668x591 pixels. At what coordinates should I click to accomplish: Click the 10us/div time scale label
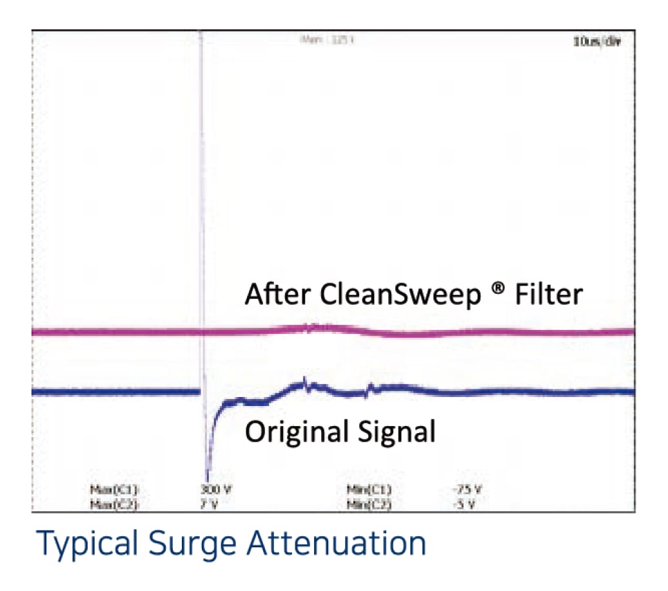click(596, 42)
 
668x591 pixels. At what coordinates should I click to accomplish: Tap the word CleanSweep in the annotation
click(400, 295)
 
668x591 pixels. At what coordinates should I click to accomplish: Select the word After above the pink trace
click(278, 295)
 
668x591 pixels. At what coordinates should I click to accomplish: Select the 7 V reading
click(210, 503)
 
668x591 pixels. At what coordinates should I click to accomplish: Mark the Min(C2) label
click(369, 503)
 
